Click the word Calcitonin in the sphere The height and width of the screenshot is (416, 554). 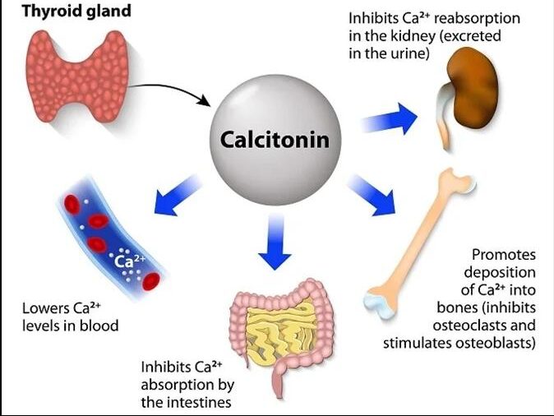(275, 140)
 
